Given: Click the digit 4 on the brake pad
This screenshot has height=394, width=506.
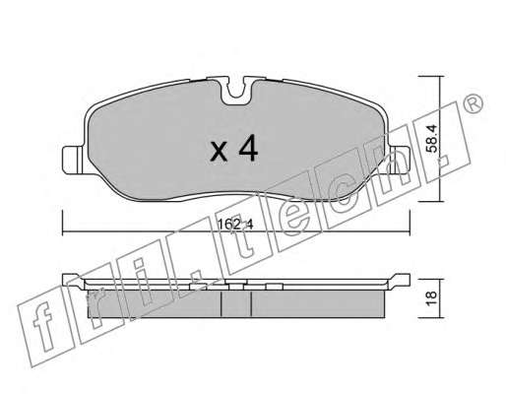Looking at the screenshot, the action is tap(248, 149).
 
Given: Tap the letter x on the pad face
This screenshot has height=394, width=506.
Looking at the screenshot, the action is tap(219, 152).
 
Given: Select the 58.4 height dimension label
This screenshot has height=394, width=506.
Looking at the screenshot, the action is tap(432, 138).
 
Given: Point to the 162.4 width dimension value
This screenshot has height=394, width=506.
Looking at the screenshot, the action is tap(235, 225).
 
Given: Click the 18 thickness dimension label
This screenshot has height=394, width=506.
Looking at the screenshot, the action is tap(432, 298).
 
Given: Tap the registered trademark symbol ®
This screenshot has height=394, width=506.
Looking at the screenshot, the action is tap(473, 103).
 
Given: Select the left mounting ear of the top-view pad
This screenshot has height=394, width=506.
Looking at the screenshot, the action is tap(73, 161).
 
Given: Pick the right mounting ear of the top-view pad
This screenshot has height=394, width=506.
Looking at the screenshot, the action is tap(400, 161).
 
